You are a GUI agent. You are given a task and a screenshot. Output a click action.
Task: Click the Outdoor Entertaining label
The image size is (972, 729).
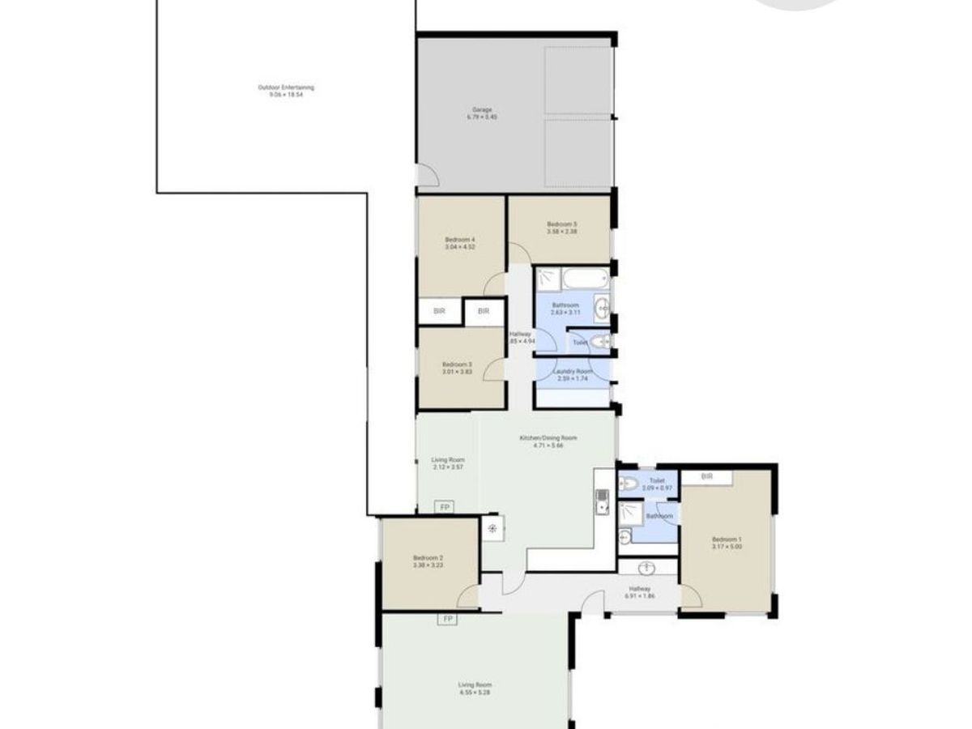286,91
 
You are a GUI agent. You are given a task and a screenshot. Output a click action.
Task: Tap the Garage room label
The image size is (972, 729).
482,113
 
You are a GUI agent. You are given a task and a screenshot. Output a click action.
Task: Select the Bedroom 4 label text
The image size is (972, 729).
459,243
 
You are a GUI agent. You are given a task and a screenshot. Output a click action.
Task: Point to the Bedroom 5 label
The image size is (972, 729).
561,228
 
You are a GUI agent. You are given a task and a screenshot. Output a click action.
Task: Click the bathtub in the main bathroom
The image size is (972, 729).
585,279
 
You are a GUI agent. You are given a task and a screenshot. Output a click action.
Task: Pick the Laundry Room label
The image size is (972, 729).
573,374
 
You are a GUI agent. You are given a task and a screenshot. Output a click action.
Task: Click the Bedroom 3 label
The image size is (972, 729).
457,368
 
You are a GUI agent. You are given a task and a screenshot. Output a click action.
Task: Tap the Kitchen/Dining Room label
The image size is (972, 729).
548,441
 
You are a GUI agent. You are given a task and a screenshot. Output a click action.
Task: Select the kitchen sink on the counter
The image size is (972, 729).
602,502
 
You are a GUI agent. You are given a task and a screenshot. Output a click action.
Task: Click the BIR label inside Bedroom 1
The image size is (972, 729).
707,477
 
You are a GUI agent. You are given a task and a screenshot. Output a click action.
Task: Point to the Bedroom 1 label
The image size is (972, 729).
726,543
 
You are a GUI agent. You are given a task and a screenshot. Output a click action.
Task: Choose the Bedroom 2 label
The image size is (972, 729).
428,561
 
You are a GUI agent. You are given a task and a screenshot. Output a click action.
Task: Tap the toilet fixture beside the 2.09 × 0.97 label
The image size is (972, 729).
629,484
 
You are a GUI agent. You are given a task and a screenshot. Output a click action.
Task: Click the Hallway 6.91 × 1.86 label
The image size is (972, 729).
640,592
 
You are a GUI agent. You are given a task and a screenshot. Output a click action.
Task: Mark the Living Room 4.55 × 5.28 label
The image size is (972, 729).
474,688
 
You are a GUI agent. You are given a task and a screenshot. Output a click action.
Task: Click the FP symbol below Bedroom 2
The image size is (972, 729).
446,620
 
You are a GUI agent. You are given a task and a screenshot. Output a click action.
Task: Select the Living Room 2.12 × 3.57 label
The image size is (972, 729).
448,463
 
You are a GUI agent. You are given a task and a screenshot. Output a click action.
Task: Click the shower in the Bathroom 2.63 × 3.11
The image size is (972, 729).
548,279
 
